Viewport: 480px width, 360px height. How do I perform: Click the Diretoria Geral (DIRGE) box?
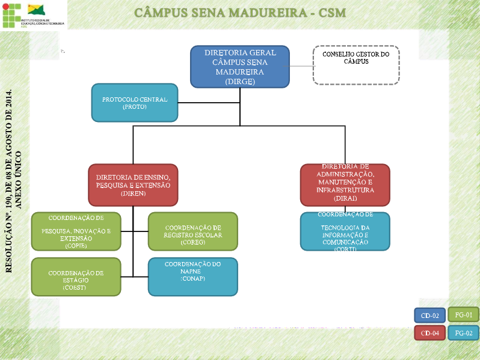click(x=240, y=66)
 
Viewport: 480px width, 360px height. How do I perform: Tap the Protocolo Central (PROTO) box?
click(x=134, y=102)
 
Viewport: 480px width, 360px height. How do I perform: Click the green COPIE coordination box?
click(x=76, y=231)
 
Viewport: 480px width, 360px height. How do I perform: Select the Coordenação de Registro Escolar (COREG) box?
click(x=192, y=231)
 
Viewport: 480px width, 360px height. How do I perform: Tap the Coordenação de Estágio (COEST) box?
click(x=76, y=276)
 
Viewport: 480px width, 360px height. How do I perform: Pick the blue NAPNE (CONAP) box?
click(x=192, y=276)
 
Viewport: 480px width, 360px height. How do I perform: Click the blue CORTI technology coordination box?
click(x=345, y=231)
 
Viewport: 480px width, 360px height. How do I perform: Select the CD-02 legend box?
click(x=430, y=316)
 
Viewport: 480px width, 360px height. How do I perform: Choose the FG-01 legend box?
click(x=463, y=314)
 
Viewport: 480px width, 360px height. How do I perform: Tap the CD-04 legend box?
click(x=430, y=332)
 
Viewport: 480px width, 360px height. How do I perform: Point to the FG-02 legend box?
click(x=463, y=332)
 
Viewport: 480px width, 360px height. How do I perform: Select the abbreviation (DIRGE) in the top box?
click(x=240, y=81)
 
